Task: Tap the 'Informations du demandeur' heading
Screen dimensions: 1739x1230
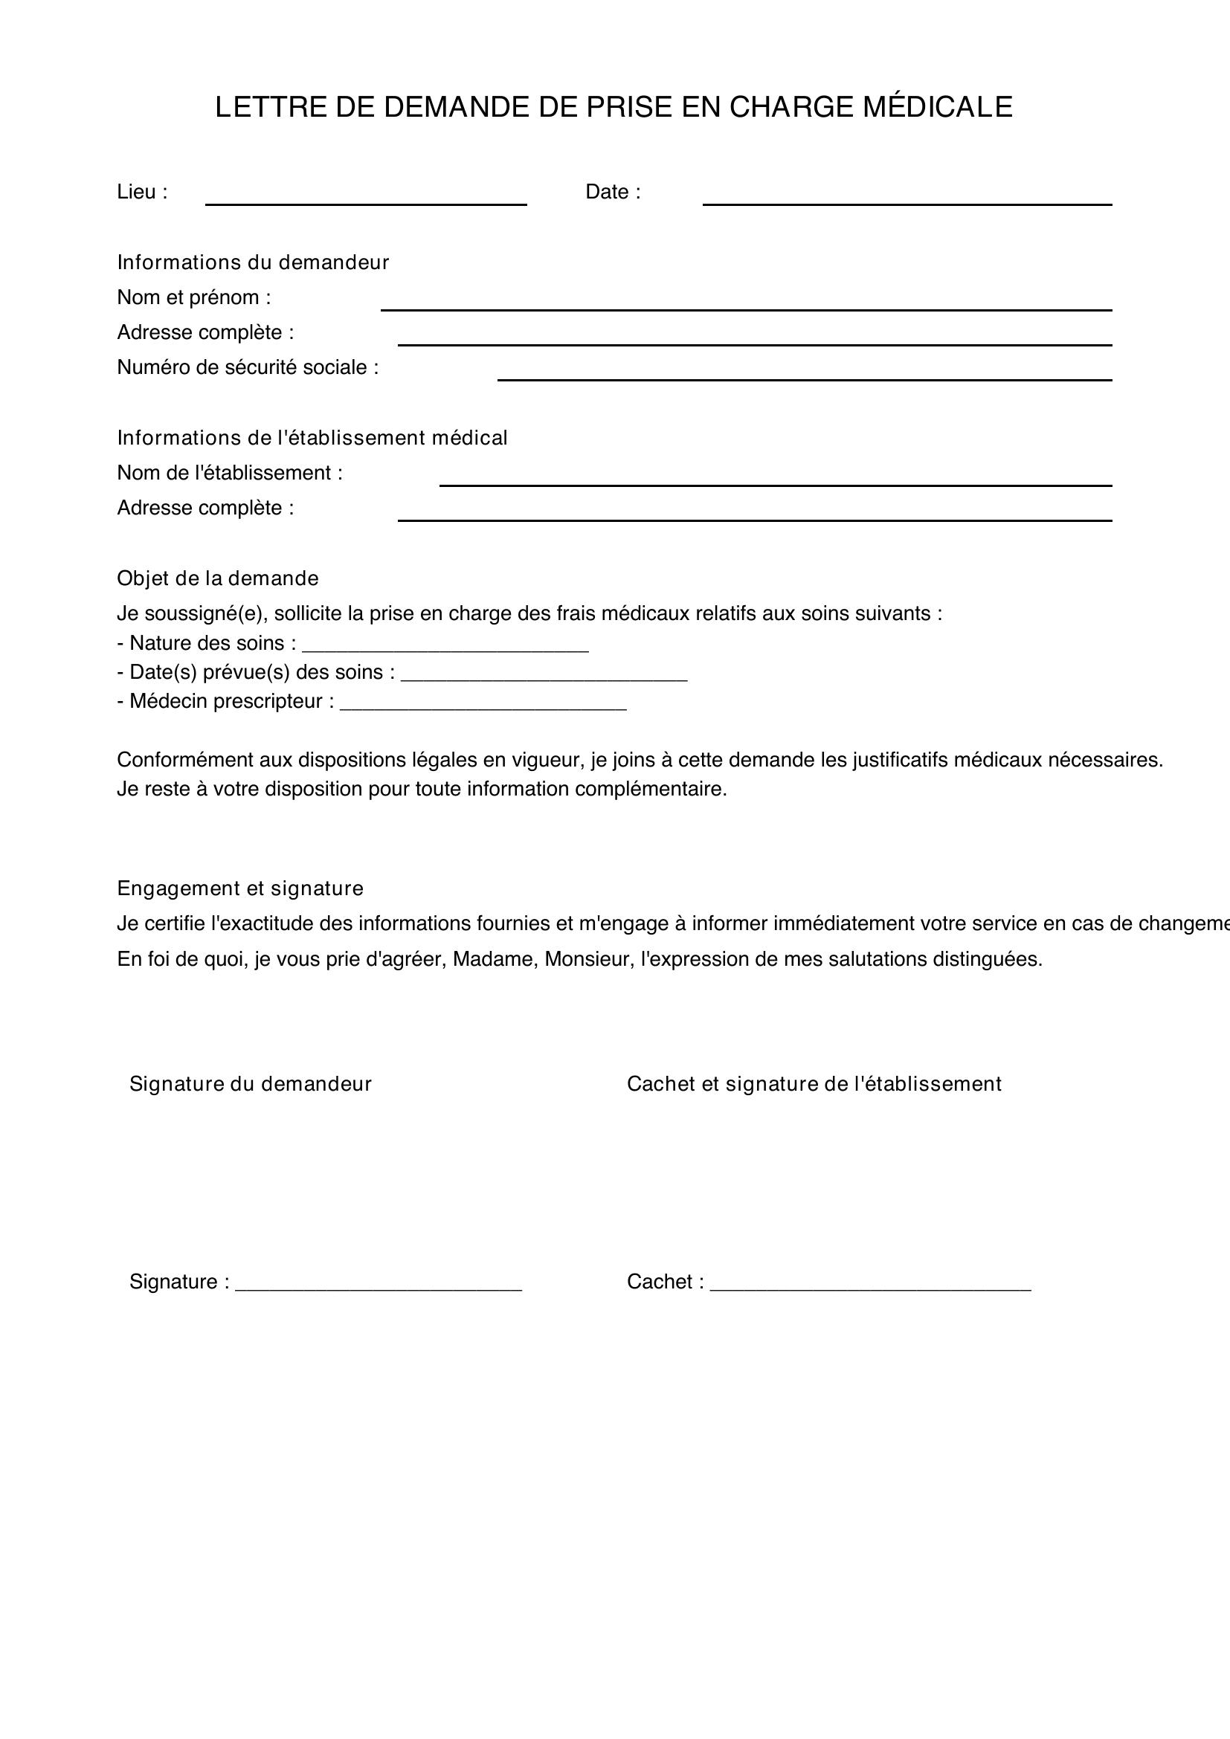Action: coord(253,262)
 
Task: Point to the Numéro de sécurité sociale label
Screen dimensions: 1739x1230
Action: coord(248,368)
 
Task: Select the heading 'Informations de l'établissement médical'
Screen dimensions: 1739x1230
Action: coord(312,438)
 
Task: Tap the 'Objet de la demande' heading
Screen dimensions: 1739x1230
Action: coord(217,578)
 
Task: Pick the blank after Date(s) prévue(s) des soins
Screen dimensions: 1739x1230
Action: coord(544,676)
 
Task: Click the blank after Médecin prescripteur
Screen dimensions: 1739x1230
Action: coord(483,704)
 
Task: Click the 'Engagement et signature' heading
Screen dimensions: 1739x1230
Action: coord(240,888)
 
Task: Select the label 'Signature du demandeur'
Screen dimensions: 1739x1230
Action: coord(251,1085)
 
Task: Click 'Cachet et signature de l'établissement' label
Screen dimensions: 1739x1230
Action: coord(814,1085)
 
